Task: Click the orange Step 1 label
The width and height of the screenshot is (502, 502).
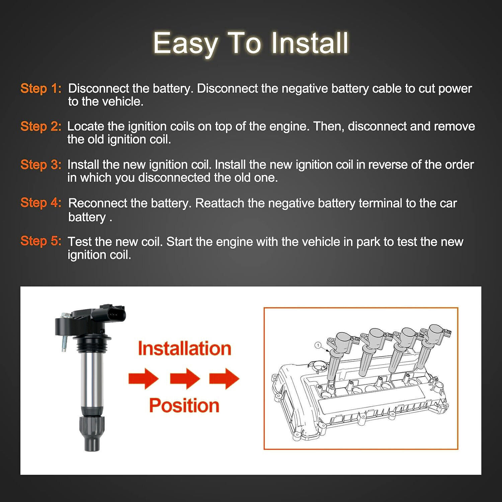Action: coord(41,88)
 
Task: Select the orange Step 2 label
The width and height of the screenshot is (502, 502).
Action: coord(41,127)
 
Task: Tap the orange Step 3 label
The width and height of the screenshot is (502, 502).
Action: coord(41,165)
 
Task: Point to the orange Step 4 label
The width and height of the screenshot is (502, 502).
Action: coord(41,203)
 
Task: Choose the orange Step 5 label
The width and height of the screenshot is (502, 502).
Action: coord(41,241)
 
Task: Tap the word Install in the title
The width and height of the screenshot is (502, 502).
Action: coord(310,43)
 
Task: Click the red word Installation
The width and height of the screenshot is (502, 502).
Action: coord(184,348)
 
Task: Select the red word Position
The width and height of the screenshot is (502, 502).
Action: coord(184,405)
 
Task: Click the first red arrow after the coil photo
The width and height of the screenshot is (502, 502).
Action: coord(144,379)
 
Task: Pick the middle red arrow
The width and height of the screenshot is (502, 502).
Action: coord(185,379)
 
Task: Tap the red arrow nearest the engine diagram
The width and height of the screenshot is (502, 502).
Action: coord(224,379)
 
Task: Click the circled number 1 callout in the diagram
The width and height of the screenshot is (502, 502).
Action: coord(318,345)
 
